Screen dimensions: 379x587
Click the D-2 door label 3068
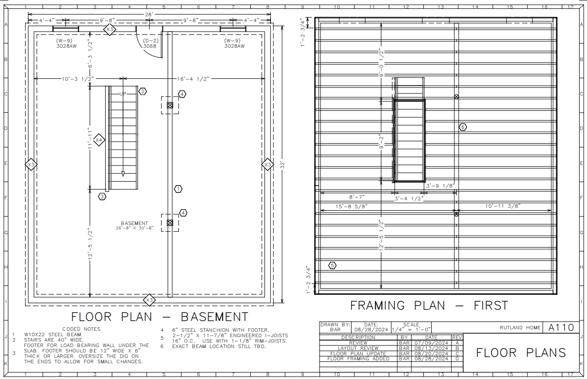tap(150, 46)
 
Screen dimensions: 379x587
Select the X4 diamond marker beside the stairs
tap(99, 140)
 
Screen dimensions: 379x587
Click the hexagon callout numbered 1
tap(178, 189)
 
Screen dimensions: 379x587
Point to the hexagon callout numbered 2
tap(143, 91)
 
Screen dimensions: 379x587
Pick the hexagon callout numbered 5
tap(332, 266)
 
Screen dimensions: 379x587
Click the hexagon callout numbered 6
tap(463, 127)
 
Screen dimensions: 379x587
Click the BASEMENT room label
tap(134, 223)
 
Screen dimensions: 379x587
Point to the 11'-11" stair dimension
tap(90, 139)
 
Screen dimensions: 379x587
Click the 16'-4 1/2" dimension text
tap(193, 79)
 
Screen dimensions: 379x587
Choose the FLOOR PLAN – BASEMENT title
tap(160, 316)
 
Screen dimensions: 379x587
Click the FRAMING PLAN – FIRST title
tap(429, 306)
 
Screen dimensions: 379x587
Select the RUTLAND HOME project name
tap(520, 328)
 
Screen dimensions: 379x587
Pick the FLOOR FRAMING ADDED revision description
tap(358, 359)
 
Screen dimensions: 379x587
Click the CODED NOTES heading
tap(81, 329)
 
